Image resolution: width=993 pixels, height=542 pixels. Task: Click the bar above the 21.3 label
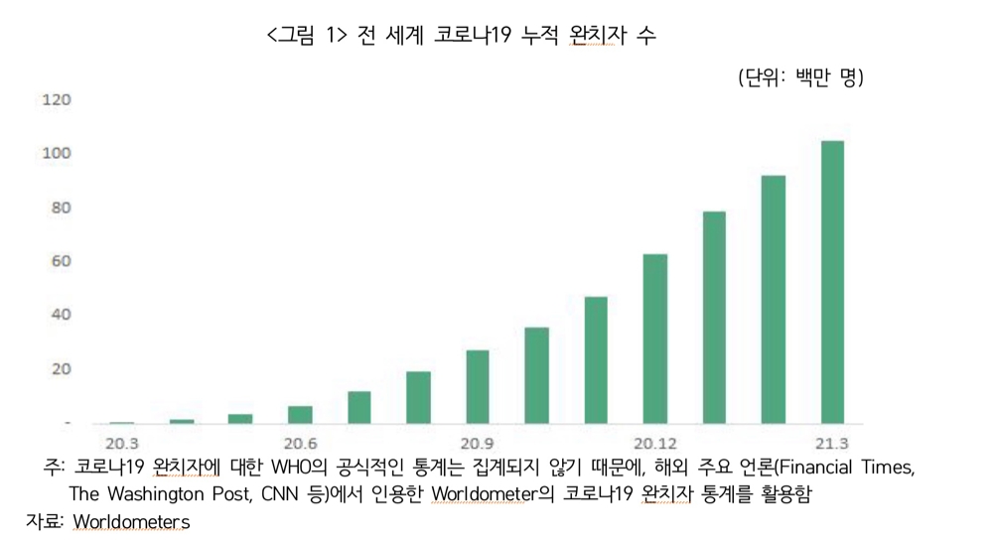tap(832, 282)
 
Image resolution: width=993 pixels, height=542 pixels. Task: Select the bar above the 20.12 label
tap(655, 339)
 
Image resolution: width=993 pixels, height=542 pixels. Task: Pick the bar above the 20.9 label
tap(478, 386)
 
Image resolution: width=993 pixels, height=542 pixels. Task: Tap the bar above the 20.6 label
tap(300, 414)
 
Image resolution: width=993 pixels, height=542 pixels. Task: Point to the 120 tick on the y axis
tap(57, 99)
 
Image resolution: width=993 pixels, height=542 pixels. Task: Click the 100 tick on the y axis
tap(57, 153)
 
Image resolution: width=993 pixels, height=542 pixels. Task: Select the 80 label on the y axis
tap(61, 207)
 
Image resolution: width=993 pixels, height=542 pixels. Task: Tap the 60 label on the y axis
tap(61, 261)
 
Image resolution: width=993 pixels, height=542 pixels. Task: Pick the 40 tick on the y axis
tap(61, 315)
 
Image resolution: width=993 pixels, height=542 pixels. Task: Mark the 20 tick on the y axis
tap(61, 368)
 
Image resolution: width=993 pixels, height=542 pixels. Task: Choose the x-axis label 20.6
tap(300, 443)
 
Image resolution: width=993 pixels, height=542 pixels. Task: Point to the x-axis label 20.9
tap(478, 443)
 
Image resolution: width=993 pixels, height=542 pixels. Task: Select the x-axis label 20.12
tap(655, 443)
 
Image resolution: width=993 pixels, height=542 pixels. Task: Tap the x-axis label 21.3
tap(832, 443)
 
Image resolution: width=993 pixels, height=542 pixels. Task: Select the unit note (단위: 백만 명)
tap(800, 77)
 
